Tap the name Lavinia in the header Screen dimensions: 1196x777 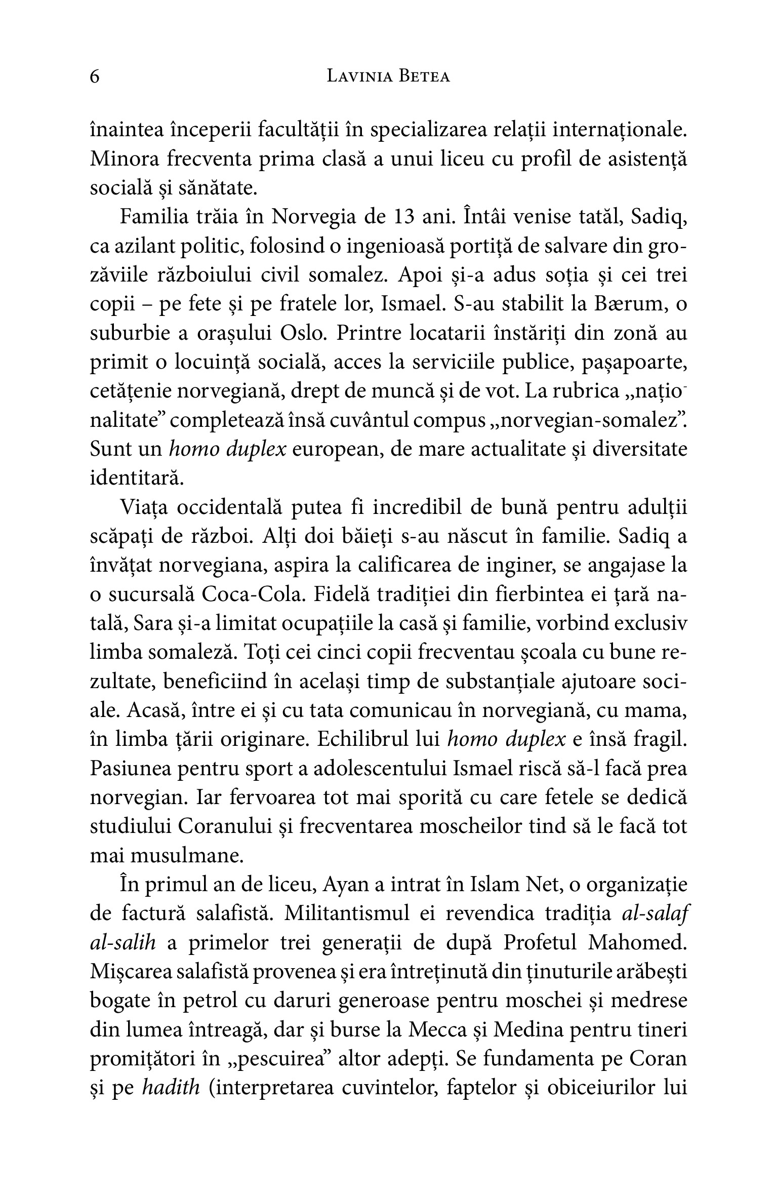359,77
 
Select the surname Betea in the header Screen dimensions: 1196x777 425,77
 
